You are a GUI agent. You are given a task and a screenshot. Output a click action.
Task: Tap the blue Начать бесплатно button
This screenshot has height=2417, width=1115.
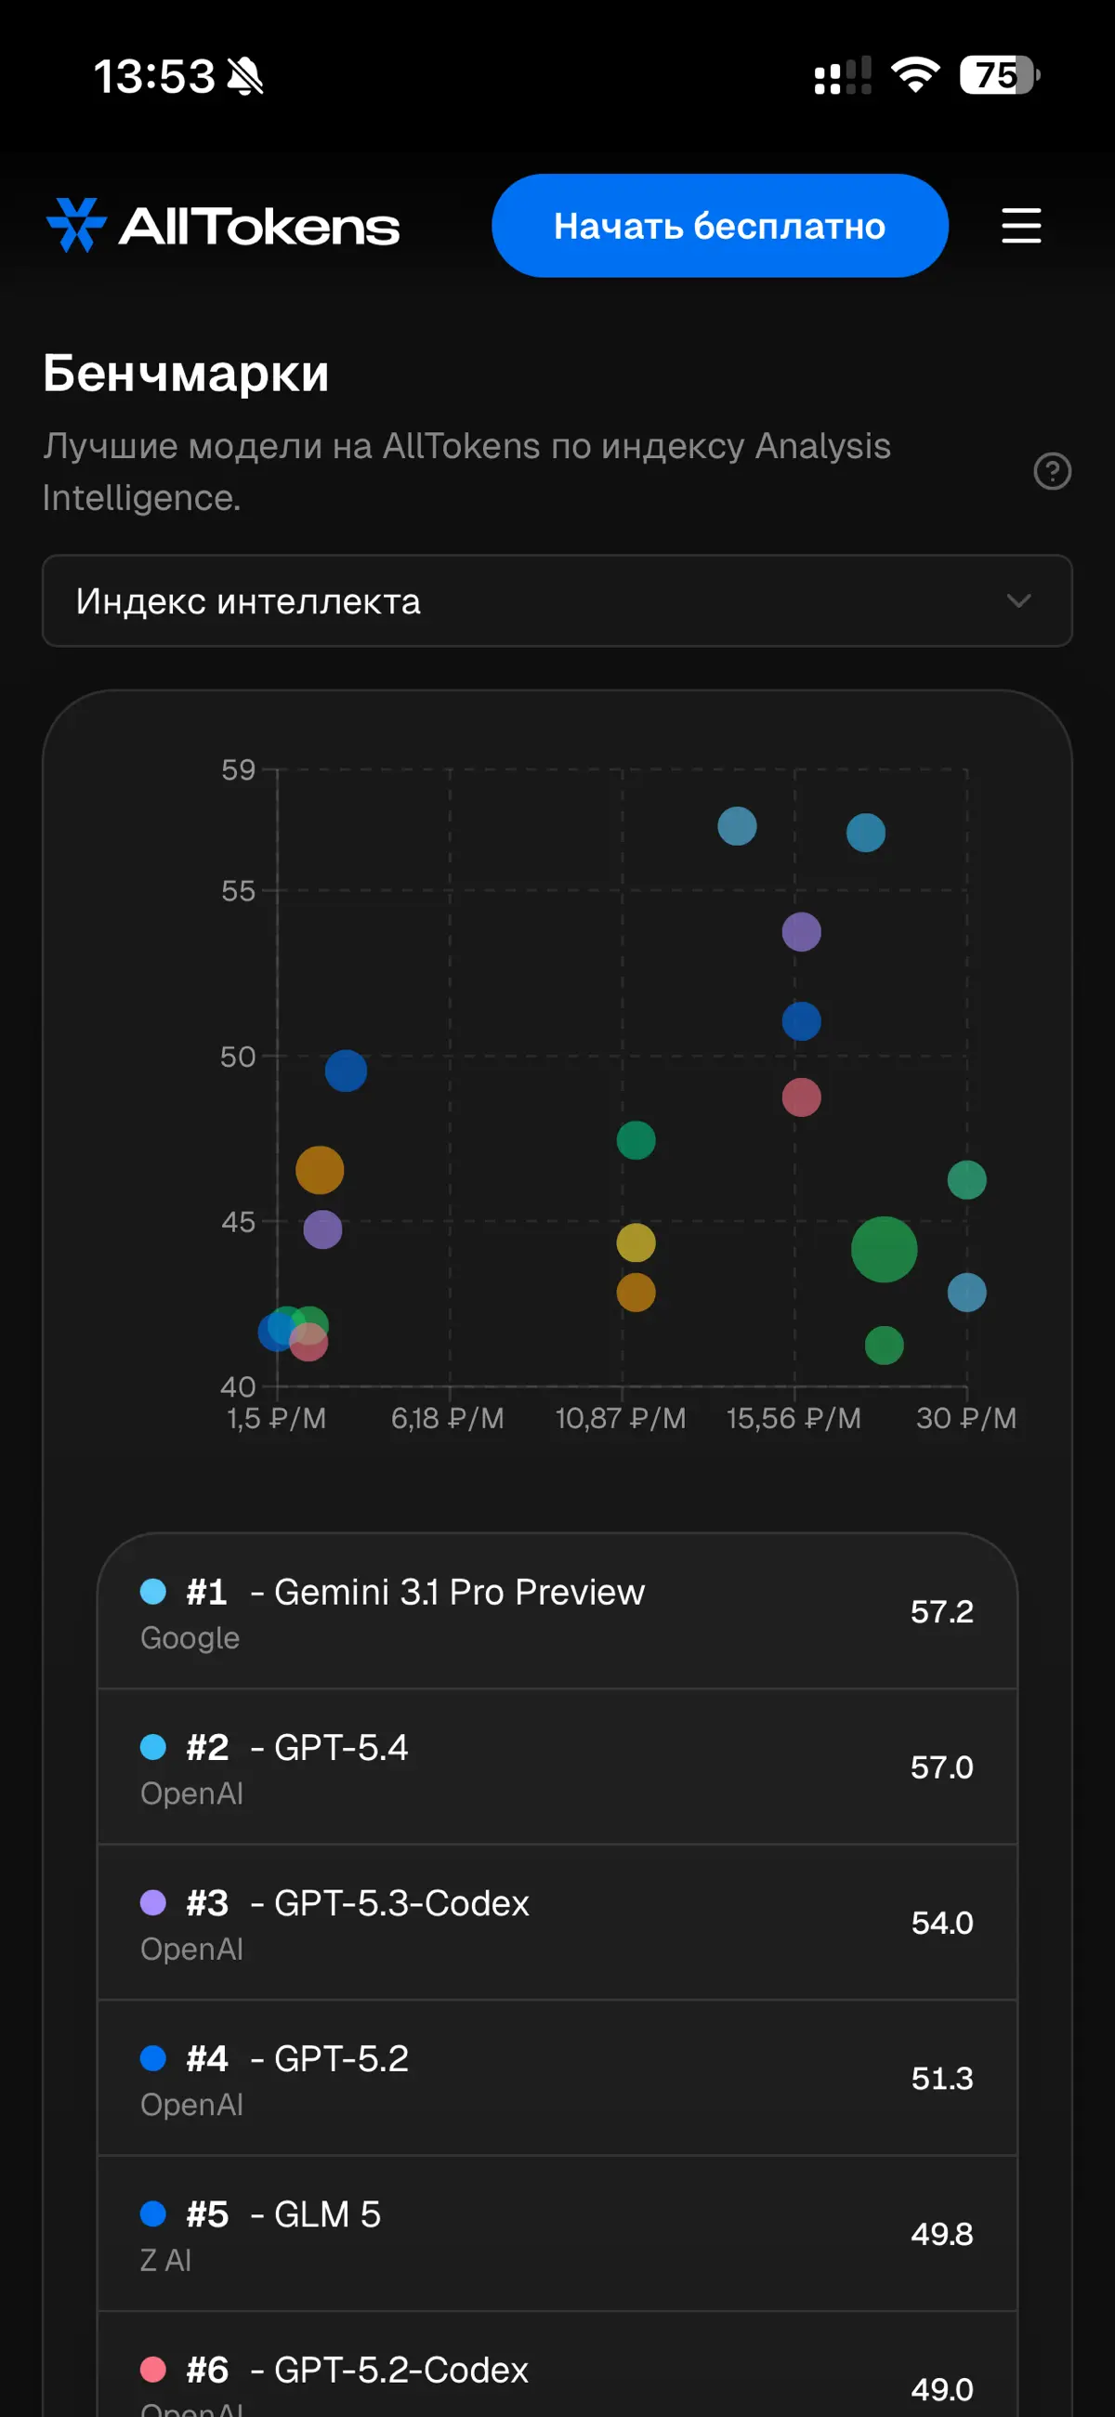point(720,225)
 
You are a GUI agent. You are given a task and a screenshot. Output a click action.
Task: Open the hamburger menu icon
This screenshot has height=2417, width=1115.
point(1021,226)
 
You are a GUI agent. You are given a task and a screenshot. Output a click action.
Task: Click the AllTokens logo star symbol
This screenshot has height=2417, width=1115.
point(76,225)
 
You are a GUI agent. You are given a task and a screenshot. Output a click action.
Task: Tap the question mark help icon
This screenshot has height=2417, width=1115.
point(1052,471)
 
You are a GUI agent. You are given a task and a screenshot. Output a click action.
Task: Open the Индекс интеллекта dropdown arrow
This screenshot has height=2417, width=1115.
point(1018,600)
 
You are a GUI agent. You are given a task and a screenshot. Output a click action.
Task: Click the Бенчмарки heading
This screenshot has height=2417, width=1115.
point(186,374)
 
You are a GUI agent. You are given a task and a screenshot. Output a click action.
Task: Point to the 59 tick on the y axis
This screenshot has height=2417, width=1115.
point(239,769)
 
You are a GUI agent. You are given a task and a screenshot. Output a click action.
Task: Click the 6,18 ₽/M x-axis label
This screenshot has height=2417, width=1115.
point(448,1418)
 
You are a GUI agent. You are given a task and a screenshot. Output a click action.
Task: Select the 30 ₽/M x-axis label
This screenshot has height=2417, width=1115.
point(965,1418)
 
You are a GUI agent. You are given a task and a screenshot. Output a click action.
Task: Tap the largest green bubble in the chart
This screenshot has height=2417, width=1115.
point(885,1249)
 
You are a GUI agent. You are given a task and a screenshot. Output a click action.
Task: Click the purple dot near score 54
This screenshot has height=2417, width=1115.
point(802,932)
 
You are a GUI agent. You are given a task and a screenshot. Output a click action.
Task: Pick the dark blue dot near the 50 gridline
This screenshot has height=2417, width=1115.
point(347,1071)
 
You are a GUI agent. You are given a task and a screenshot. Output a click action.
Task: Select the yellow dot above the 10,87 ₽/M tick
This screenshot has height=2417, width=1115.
point(636,1242)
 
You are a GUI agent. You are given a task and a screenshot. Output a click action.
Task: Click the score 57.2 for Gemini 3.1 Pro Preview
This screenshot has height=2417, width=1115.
point(941,1611)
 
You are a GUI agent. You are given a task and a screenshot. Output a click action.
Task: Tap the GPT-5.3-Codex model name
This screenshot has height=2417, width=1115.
point(401,1903)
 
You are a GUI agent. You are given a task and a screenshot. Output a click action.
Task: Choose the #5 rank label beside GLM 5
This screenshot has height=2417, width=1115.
point(207,2214)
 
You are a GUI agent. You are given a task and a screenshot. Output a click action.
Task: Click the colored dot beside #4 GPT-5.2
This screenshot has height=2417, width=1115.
point(153,2058)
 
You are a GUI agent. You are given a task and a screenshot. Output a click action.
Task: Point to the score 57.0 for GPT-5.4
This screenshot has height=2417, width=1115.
point(941,1767)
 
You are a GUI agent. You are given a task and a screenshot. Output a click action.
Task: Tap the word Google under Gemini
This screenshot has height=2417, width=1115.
point(190,1637)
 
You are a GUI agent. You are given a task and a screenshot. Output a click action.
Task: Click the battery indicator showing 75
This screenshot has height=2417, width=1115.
point(999,75)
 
